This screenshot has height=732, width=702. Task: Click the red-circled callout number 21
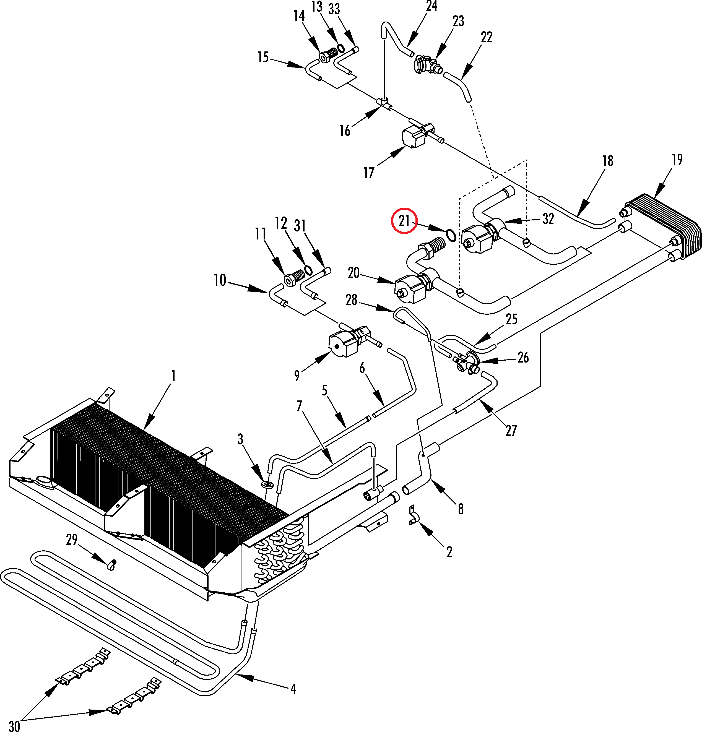(x=404, y=221)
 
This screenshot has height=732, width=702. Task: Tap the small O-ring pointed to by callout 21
(x=451, y=235)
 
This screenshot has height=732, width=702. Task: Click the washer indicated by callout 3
(x=267, y=485)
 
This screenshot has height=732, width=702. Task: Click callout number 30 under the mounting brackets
(x=14, y=726)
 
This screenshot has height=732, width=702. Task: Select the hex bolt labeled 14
(x=327, y=57)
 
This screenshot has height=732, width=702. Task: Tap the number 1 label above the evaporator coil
(x=173, y=376)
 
